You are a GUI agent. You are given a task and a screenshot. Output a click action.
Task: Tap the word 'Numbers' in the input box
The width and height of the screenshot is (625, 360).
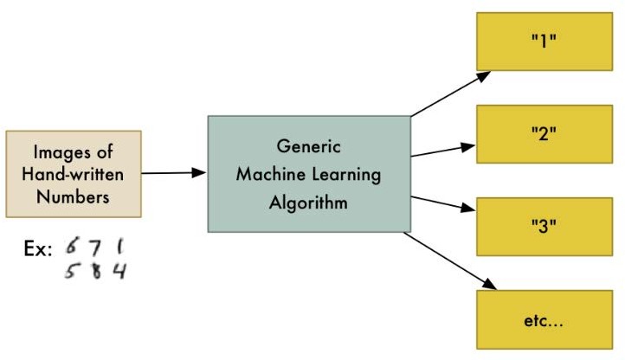click(73, 196)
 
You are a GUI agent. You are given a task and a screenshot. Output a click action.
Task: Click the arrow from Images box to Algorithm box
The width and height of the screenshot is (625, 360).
click(173, 173)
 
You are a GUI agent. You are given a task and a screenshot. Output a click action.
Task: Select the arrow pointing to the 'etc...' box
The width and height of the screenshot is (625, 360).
click(450, 260)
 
